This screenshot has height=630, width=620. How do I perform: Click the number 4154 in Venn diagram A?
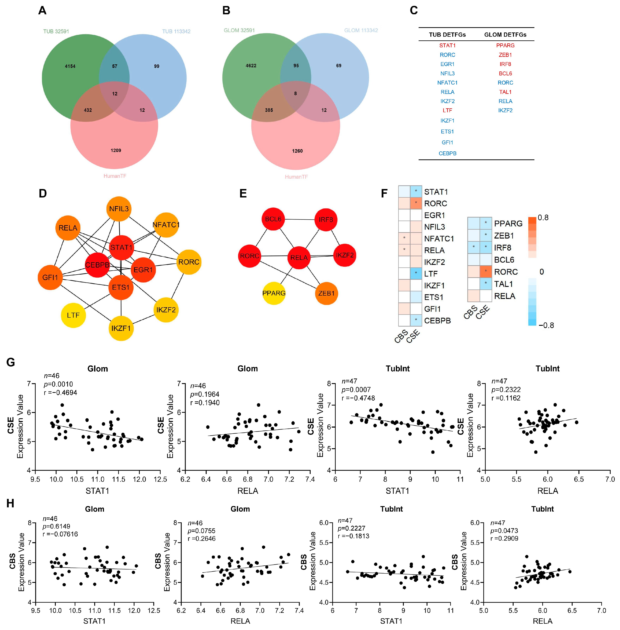(70, 66)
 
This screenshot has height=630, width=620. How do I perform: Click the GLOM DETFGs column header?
(505, 35)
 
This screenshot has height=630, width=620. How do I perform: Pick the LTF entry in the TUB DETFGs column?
(447, 110)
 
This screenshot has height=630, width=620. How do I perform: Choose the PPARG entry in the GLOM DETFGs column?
(505, 45)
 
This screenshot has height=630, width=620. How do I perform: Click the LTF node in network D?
(73, 315)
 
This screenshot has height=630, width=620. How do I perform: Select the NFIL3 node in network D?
(119, 209)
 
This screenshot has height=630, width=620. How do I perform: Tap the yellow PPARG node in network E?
(274, 293)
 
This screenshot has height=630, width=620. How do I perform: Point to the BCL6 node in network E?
(273, 219)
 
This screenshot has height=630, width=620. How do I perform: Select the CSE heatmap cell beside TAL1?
(486, 284)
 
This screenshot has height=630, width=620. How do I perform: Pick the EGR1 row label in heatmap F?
(434, 215)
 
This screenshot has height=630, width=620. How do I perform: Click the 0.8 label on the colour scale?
(543, 217)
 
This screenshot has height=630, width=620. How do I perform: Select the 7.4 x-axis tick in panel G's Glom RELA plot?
(310, 479)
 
